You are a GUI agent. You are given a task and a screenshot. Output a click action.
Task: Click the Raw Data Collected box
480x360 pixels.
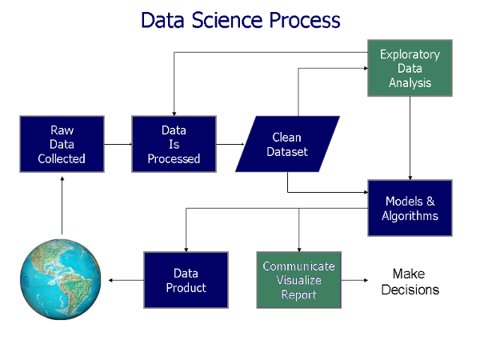pyautogui.click(x=62, y=144)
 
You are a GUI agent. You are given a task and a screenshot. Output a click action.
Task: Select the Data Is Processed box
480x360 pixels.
pyautogui.click(x=174, y=144)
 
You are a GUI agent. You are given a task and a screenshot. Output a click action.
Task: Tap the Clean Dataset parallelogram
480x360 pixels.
pyautogui.click(x=287, y=144)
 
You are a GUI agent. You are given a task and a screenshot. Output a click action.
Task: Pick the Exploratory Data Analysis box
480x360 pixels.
pyautogui.click(x=410, y=68)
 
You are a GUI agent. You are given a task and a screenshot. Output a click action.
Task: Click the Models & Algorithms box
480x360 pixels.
pyautogui.click(x=410, y=208)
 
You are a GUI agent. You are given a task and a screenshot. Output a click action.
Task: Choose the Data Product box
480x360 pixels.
pyautogui.click(x=186, y=280)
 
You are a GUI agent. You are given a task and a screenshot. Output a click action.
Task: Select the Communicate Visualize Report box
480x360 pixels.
pyautogui.click(x=298, y=280)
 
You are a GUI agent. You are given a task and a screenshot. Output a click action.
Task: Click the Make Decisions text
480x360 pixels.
pyautogui.click(x=410, y=282)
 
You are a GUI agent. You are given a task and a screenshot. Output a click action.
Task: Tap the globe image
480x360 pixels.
pyautogui.click(x=61, y=279)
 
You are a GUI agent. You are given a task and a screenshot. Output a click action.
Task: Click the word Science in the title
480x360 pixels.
pyautogui.click(x=227, y=20)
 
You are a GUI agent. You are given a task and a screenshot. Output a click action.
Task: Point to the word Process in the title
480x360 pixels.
pyautogui.click(x=305, y=20)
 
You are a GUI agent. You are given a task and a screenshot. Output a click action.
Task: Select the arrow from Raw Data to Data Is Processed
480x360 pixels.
pyautogui.click(x=118, y=144)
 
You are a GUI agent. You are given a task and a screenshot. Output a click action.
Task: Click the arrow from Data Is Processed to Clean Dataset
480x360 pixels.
pyautogui.click(x=230, y=144)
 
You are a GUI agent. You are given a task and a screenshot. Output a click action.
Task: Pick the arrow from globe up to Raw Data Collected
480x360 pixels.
pyautogui.click(x=62, y=206)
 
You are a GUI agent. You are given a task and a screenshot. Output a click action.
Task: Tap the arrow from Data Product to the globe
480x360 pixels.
pyautogui.click(x=126, y=280)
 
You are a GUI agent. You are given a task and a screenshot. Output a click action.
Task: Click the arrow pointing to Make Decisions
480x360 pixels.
pyautogui.click(x=354, y=280)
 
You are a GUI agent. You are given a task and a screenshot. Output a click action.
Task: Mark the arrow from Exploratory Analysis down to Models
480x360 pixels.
pyautogui.click(x=410, y=138)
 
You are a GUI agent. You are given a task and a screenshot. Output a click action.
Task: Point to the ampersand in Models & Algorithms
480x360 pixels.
pyautogui.click(x=430, y=201)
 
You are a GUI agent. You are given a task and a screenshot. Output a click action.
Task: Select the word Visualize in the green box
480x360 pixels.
pyautogui.click(x=298, y=280)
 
